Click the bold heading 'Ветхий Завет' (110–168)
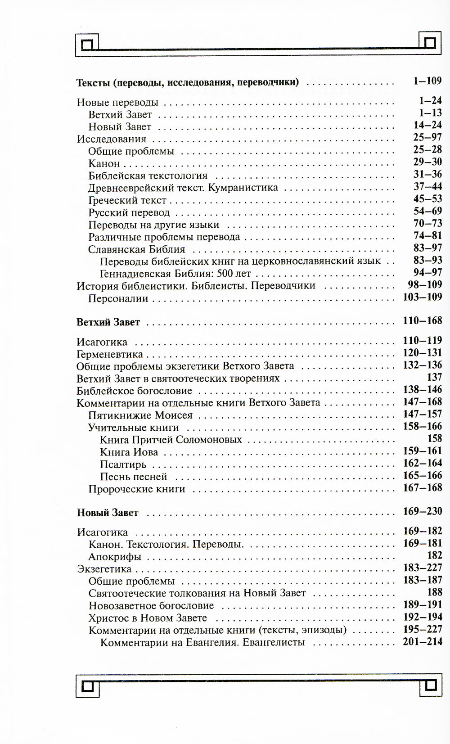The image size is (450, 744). point(108,322)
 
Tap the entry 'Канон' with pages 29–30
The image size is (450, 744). point(104,163)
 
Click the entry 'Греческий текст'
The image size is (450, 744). point(127,200)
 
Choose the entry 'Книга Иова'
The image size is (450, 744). point(129,452)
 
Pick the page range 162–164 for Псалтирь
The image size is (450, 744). point(423,463)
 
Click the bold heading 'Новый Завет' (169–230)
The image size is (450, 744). point(108,513)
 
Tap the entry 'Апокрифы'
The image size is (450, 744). point(115,557)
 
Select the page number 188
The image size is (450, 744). point(434,592)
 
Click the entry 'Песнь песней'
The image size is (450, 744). point(134,477)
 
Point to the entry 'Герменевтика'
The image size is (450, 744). point(110,354)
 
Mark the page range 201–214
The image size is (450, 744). point(423,642)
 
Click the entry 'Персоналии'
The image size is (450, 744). point(118,298)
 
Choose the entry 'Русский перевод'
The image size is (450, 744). point(129,212)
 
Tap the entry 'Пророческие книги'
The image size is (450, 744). point(137,489)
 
